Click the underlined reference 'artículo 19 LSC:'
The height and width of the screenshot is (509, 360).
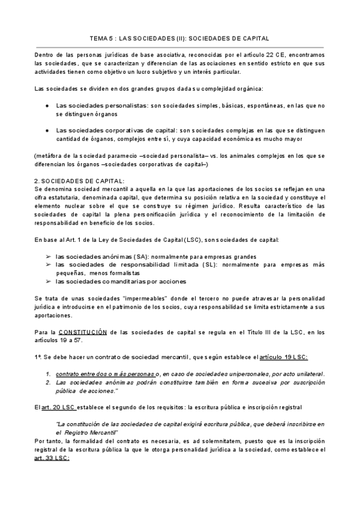point(283,357)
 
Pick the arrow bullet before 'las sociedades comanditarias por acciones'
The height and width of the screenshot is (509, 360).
point(48,282)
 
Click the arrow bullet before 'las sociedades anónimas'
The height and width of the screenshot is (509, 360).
point(48,256)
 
